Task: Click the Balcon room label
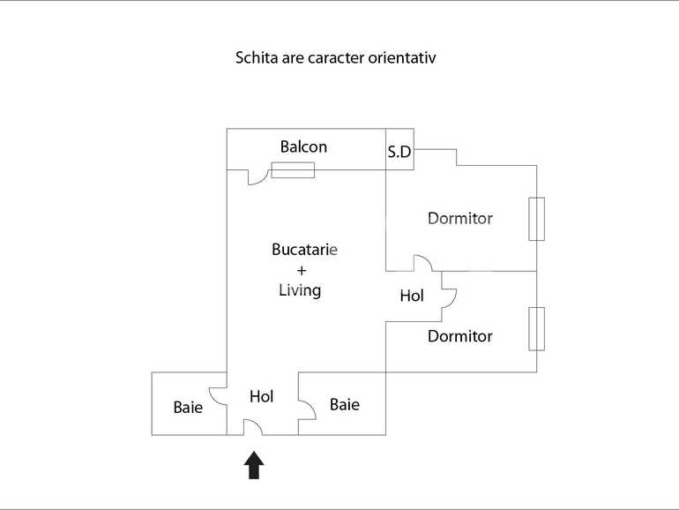pos(303,147)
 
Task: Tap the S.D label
pos(399,152)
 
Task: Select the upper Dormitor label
pos(459,218)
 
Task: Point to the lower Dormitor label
pos(459,336)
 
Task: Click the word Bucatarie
pos(304,250)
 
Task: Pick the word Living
pos(300,289)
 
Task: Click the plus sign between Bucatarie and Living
pos(302,270)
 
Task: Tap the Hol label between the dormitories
pos(412,296)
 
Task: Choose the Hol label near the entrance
pos(261,397)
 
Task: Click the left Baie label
pos(188,408)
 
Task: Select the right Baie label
pos(344,405)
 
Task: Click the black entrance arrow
pos(254,465)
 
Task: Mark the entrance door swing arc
pos(253,427)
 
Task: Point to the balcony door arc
pos(257,177)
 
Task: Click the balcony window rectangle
pos(293,170)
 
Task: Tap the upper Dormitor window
pos(536,219)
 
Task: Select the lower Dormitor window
pos(536,329)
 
